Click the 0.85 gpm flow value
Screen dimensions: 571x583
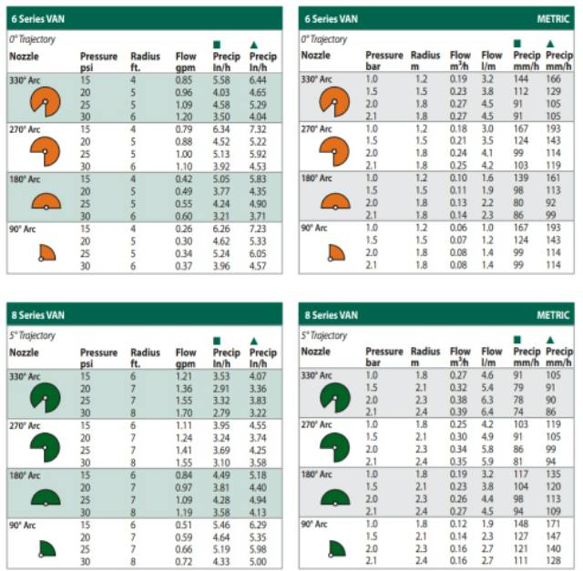[184, 81]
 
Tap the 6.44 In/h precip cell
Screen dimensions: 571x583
[263, 81]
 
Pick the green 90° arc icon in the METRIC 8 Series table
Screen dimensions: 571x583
[336, 548]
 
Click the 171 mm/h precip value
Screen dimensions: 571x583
[553, 525]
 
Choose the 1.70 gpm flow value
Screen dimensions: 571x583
[185, 412]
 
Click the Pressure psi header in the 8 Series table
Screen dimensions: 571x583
[98, 359]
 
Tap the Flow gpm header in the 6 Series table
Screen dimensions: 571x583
[186, 62]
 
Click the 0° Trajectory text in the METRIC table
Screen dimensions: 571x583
[324, 39]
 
